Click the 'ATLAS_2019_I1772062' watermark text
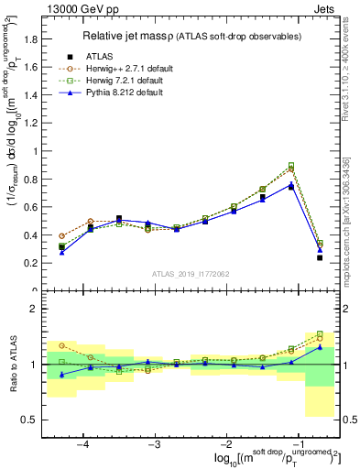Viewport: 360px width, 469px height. pos(190,274)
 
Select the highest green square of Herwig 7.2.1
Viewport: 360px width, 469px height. pos(291,166)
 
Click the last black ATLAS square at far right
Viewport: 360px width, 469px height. pos(320,257)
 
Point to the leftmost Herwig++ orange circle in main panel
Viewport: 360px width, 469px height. pos(61,235)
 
